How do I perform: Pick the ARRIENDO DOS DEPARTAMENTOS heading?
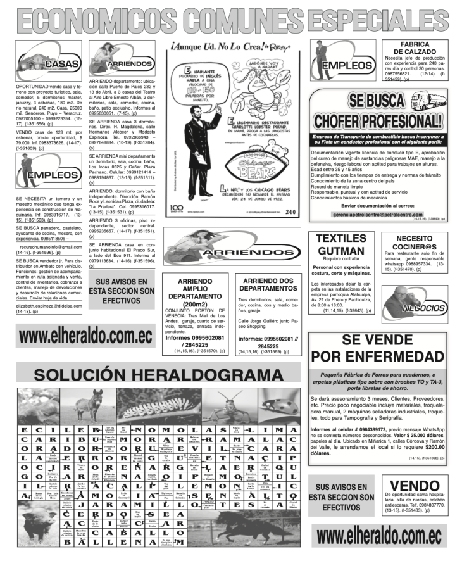269,284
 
